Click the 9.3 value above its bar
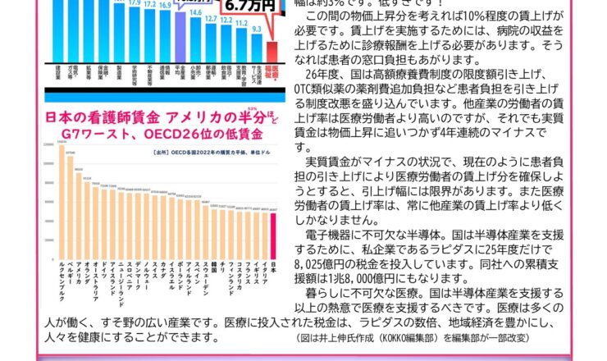click(x=256, y=28)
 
